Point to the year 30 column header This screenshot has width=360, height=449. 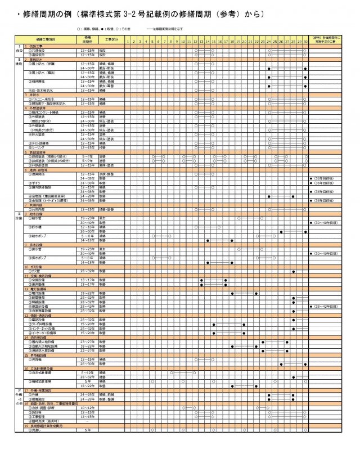305,41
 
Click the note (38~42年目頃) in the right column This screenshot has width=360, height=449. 325,306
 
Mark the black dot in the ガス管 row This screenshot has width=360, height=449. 292,271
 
